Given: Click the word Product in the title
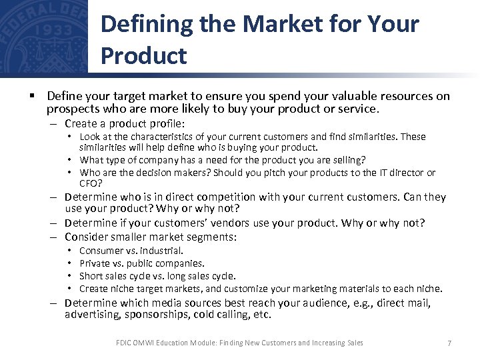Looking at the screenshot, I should (143, 56).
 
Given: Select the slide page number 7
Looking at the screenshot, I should (449, 343).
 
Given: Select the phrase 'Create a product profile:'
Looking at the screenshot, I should (125, 124).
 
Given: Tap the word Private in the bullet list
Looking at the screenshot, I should (94, 263).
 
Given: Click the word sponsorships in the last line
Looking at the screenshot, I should (157, 315).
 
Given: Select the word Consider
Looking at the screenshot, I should (87, 237).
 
